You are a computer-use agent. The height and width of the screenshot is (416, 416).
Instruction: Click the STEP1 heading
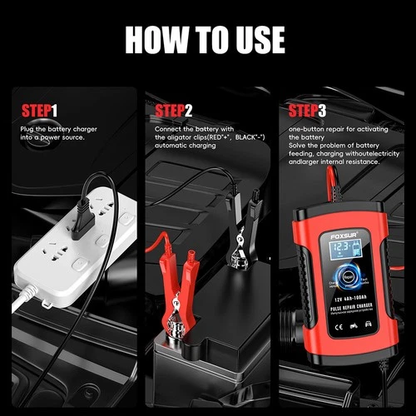coord(39,110)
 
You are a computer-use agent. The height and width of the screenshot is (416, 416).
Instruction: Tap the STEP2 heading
coord(173,110)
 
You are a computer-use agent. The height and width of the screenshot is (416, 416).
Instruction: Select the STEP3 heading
coord(307,110)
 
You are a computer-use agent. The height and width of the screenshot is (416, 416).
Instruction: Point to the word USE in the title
coord(255,39)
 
